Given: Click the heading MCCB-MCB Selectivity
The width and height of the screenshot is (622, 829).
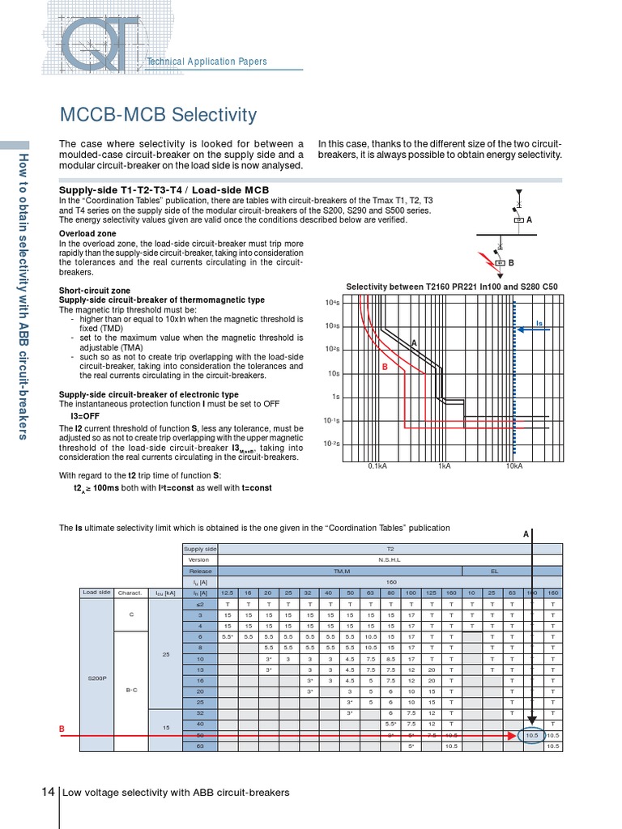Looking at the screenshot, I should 159,115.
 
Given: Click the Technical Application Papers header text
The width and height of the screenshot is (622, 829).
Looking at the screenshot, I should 206,62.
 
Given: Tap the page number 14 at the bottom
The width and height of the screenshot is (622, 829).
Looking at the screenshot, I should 48,792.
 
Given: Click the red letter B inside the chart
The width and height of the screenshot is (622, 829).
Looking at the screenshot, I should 385,368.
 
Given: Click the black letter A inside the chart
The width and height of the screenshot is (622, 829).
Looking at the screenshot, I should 414,343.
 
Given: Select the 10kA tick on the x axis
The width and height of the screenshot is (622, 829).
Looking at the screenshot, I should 514,466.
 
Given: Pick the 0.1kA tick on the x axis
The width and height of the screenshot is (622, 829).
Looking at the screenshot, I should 377,466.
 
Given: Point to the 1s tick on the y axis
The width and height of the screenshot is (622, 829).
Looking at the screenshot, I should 335,397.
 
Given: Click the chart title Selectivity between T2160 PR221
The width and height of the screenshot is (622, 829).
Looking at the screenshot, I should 452,287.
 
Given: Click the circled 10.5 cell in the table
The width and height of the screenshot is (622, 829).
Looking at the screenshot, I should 531,735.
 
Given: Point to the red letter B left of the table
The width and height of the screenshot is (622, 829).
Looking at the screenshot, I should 62,729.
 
